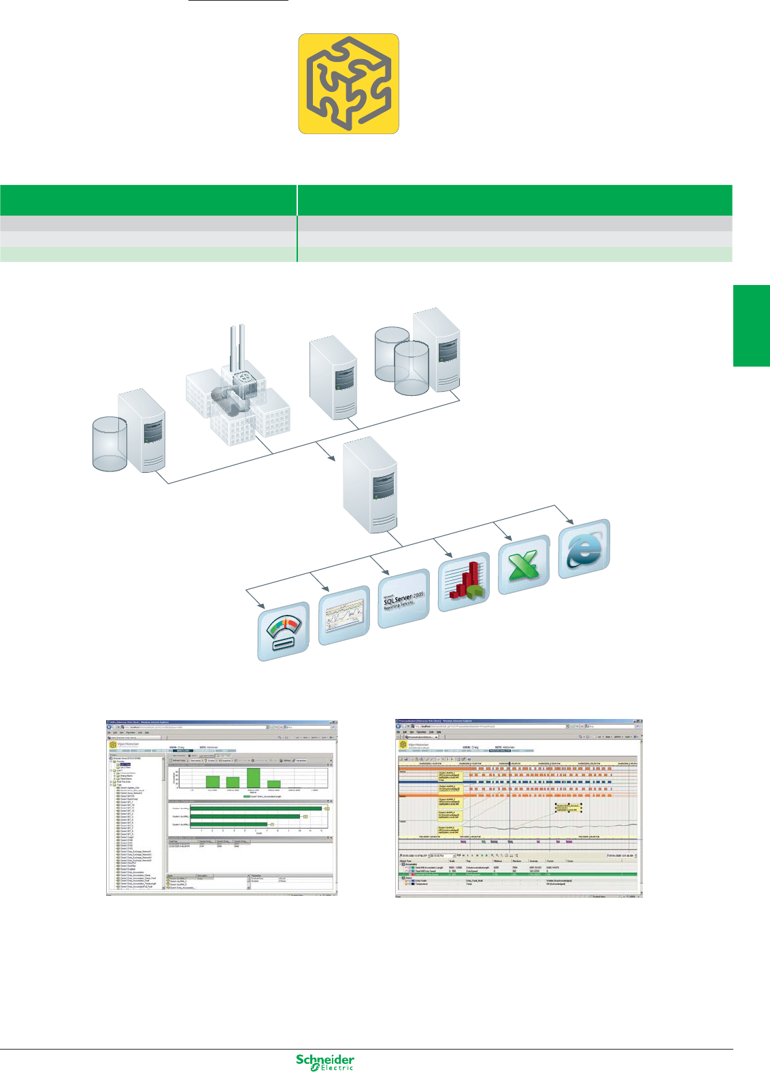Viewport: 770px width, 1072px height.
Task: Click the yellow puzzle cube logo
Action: (348, 84)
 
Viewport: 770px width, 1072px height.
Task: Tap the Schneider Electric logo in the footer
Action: (325, 1062)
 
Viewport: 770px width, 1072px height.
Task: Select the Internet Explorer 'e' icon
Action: (584, 549)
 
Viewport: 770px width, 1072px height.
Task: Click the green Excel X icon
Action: (524, 565)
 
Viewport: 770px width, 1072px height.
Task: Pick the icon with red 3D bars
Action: (464, 582)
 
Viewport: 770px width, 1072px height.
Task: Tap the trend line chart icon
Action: (344, 616)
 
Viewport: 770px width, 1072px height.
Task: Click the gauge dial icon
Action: (284, 632)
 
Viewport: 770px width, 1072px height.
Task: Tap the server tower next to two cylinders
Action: (437, 347)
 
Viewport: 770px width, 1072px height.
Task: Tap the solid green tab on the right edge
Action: (751, 326)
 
